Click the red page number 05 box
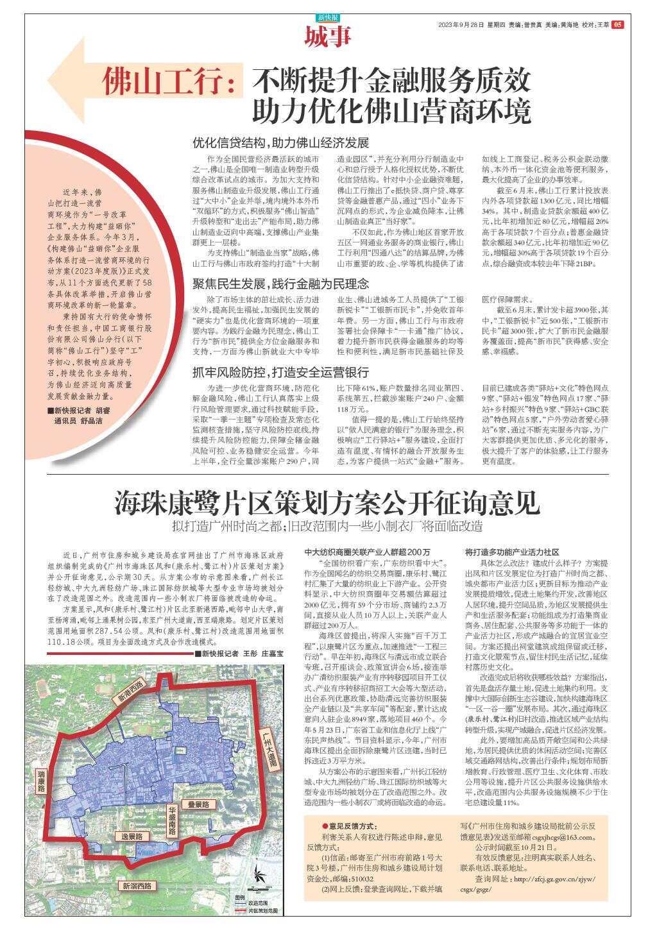click(x=617, y=25)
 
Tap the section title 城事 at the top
click(x=328, y=37)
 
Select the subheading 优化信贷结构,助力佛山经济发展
click(x=281, y=142)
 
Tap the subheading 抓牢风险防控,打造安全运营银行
click(x=281, y=373)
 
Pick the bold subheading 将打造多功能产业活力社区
click(x=512, y=552)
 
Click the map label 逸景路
click(x=132, y=836)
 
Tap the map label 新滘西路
click(x=137, y=886)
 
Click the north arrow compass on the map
click(x=258, y=875)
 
